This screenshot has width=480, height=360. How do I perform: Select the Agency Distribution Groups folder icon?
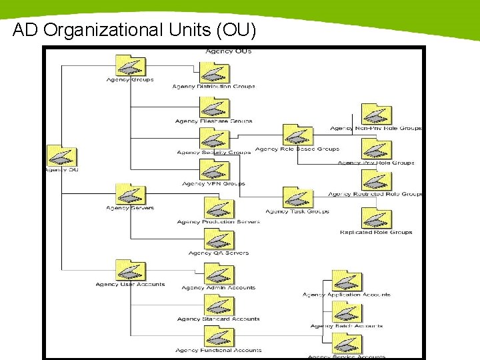point(214,73)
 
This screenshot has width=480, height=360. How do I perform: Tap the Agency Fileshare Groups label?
point(213,121)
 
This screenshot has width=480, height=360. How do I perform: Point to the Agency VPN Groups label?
point(213,183)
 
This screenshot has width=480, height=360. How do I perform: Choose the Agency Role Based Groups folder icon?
point(297,135)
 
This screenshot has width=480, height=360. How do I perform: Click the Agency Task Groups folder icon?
point(297,198)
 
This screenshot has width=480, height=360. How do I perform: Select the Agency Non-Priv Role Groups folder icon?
point(376,115)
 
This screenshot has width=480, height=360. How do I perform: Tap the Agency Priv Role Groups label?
point(376,163)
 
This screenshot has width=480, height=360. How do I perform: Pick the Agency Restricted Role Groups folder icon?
point(376,181)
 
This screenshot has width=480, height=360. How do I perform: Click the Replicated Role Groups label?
point(376,233)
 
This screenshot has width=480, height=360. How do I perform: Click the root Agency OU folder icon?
point(61,156)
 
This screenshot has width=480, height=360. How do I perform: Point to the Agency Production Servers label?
point(218,222)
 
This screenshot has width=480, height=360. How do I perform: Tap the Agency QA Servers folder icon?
point(218,239)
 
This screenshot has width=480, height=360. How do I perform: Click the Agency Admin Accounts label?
point(218,288)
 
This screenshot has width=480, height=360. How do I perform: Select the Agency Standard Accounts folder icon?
point(218,306)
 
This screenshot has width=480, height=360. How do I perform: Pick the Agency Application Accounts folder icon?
point(347,281)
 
